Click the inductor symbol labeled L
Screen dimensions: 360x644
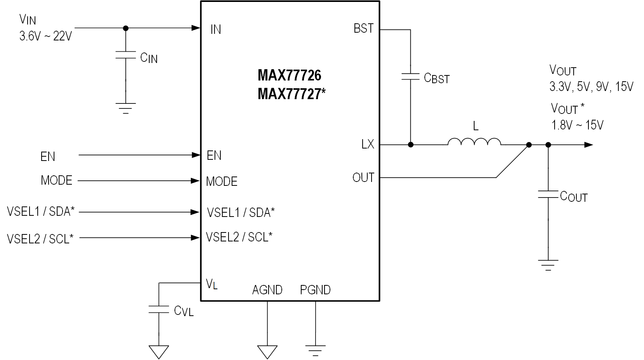tap(474, 142)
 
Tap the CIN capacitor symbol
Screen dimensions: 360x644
tap(125, 55)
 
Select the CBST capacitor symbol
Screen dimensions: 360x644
tap(410, 76)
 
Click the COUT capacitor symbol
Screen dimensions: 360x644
tap(548, 194)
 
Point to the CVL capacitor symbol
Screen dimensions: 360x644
tap(159, 309)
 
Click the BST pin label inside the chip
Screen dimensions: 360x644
tap(363, 29)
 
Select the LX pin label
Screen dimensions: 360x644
tap(367, 145)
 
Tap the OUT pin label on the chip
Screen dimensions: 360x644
tap(363, 178)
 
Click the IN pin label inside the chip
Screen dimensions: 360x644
tap(216, 30)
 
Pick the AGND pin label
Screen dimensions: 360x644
tap(267, 290)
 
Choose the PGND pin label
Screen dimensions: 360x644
tap(315, 290)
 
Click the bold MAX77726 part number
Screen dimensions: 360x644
tap(290, 75)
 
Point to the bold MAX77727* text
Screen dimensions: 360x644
tap(291, 94)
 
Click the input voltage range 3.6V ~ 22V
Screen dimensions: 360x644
tap(45, 37)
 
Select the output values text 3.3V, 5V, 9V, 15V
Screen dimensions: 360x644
tap(591, 87)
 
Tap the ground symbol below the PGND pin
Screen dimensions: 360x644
tap(315, 350)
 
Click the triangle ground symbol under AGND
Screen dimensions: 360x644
tap(267, 351)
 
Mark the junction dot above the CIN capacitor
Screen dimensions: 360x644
tap(125, 28)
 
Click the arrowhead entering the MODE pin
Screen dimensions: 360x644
tap(195, 181)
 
